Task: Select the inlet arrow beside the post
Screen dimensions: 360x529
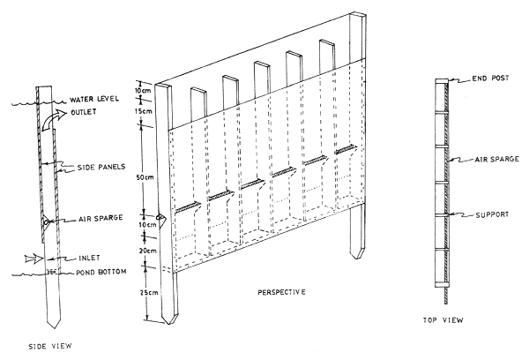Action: (31, 259)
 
